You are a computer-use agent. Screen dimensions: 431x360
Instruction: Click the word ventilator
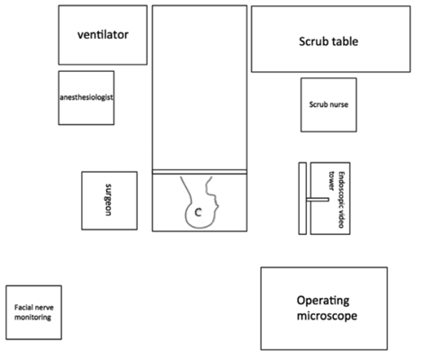click(103, 34)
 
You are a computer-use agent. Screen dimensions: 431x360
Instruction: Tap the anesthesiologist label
click(86, 97)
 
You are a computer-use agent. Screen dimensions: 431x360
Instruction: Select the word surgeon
click(108, 200)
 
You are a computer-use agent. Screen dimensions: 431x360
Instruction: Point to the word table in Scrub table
click(345, 41)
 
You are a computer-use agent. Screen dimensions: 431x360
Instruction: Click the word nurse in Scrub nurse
click(339, 104)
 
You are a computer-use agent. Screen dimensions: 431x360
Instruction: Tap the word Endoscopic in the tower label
click(341, 187)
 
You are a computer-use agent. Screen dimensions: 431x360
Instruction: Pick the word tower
click(331, 181)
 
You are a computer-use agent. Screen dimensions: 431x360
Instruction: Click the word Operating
click(323, 301)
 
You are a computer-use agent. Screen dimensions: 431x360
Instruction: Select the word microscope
click(327, 316)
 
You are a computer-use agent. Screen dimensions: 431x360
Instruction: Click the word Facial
click(22, 307)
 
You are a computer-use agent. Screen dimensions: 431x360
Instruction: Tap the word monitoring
click(32, 317)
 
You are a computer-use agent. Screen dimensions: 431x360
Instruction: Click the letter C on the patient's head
click(198, 212)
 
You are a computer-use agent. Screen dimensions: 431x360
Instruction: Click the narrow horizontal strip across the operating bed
click(200, 172)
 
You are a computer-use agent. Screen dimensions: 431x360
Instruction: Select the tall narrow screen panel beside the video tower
click(302, 198)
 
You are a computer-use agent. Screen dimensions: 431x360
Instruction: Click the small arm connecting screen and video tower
click(318, 200)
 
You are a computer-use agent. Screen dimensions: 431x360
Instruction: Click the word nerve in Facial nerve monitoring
click(42, 307)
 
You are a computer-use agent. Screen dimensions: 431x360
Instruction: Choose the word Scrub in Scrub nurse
click(319, 104)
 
